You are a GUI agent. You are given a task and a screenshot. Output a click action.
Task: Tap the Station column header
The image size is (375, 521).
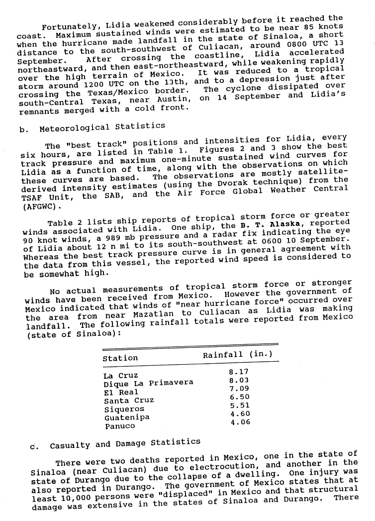pyautogui.click(x=120, y=358)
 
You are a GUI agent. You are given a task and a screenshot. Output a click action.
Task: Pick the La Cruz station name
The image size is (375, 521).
pyautogui.click(x=121, y=376)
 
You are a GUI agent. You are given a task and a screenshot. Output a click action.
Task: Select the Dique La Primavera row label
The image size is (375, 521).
pyautogui.click(x=148, y=384)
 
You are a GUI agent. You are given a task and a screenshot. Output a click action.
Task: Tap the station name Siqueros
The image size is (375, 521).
pyautogui.click(x=124, y=409)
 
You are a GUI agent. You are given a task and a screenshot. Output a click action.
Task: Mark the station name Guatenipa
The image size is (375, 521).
pyautogui.click(x=126, y=417)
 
